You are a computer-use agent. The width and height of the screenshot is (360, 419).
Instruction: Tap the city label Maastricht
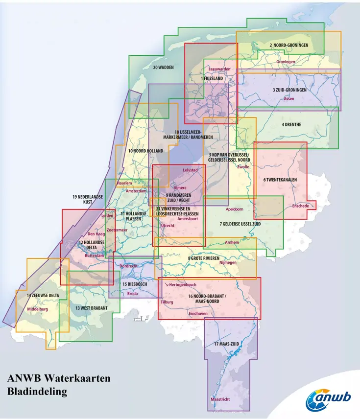click(220, 399)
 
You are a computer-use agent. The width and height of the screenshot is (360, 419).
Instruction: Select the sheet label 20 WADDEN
click(163, 67)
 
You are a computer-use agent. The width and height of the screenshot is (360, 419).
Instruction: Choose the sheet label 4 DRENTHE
click(291, 124)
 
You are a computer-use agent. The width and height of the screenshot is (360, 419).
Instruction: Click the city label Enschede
click(300, 206)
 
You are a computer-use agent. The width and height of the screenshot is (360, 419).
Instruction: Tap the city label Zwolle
click(243, 167)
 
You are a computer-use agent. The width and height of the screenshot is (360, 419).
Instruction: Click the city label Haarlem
click(124, 183)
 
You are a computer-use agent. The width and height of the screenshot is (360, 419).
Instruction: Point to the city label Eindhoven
click(198, 313)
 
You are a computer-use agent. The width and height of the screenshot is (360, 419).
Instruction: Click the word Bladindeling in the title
click(37, 392)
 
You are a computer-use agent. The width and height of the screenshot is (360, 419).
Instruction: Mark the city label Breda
click(132, 294)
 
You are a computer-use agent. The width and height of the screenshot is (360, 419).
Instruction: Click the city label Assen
click(289, 99)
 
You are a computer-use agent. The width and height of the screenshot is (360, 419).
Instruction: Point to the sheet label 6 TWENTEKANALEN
click(280, 180)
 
